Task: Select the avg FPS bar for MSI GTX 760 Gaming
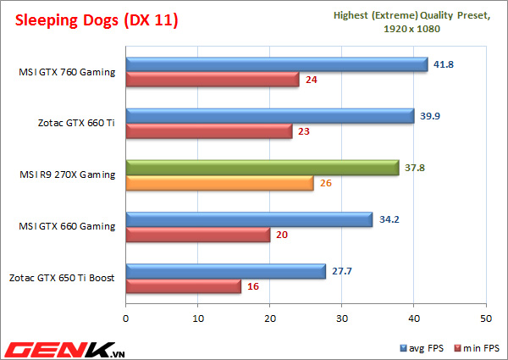276,64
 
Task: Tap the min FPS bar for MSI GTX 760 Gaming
212,80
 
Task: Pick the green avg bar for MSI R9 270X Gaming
262,168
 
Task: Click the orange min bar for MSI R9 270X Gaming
219,183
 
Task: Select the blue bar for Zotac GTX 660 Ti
269,116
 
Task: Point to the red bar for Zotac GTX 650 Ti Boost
183,286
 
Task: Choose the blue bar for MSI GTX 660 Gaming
249,219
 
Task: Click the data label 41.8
444,64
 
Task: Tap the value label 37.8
415,168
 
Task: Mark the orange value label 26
326,183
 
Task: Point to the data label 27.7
342,271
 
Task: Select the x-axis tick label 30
342,318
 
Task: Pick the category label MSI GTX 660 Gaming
74,227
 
